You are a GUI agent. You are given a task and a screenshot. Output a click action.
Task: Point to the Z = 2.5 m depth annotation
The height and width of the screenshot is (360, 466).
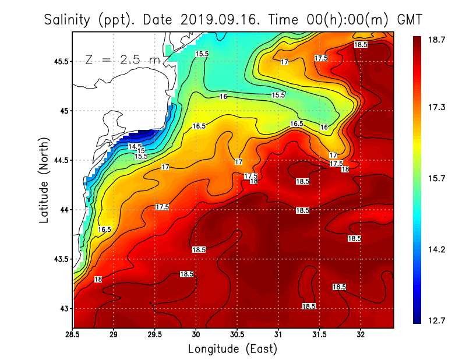[x=122, y=59]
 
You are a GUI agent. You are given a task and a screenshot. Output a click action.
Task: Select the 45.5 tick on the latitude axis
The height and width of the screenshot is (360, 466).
[x=59, y=61]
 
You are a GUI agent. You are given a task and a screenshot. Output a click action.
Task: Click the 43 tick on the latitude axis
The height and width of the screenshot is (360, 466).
[x=62, y=308]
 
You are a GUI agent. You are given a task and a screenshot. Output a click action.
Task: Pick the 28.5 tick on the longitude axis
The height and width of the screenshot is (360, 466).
[x=73, y=335]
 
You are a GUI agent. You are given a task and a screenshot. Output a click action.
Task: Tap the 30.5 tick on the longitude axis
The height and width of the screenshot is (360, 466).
[x=237, y=335]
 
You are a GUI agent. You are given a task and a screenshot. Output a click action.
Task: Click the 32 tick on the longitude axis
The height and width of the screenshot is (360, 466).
[x=361, y=335]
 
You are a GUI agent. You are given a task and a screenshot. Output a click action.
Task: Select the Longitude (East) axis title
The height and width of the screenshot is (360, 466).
[x=232, y=349]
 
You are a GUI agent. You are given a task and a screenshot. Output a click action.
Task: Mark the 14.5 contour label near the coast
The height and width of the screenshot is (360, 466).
[x=135, y=146]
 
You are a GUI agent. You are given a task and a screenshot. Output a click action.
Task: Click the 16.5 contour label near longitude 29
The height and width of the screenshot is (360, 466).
[x=104, y=230]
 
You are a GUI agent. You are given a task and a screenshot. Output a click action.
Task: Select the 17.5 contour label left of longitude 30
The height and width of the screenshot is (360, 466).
[x=162, y=207]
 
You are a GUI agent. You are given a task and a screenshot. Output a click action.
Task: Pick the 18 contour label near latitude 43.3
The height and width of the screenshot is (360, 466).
[x=98, y=280]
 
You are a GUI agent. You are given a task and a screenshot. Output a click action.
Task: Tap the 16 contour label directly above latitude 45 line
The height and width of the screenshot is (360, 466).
[x=223, y=97]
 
